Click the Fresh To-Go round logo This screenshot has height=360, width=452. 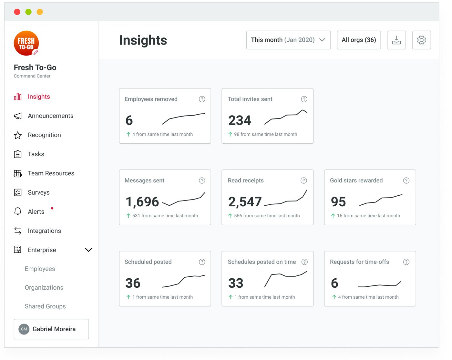[26, 43]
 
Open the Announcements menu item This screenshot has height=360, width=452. [50, 116]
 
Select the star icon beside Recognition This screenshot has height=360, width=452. [18, 135]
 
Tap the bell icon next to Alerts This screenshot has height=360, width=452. [18, 211]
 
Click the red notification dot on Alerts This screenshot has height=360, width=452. [52, 208]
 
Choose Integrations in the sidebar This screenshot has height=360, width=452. [44, 231]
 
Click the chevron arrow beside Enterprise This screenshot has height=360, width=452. [88, 250]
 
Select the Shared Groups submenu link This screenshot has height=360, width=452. [45, 306]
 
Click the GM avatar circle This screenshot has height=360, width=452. [24, 329]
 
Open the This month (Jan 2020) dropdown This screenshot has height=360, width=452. [288, 40]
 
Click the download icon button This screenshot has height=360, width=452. [396, 40]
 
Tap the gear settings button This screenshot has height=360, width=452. [421, 40]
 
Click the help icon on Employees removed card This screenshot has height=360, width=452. [202, 99]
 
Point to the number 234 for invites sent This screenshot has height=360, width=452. [239, 120]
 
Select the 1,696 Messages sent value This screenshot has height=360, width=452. [142, 202]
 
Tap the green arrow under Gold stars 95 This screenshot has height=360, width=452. [333, 216]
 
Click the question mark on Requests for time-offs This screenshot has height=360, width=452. [406, 262]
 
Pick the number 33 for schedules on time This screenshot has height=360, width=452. [236, 283]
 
